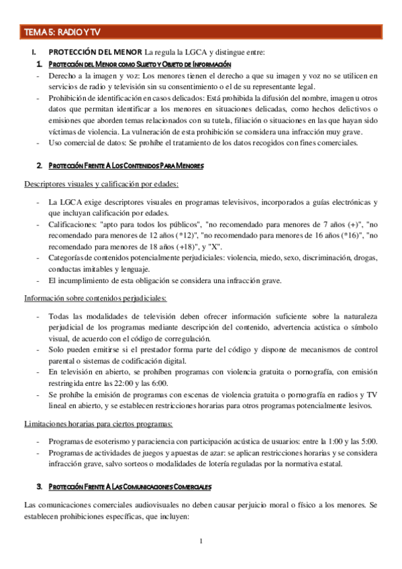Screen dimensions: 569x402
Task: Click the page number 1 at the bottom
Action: point(201,541)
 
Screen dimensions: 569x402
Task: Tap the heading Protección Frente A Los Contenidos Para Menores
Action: point(125,165)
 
